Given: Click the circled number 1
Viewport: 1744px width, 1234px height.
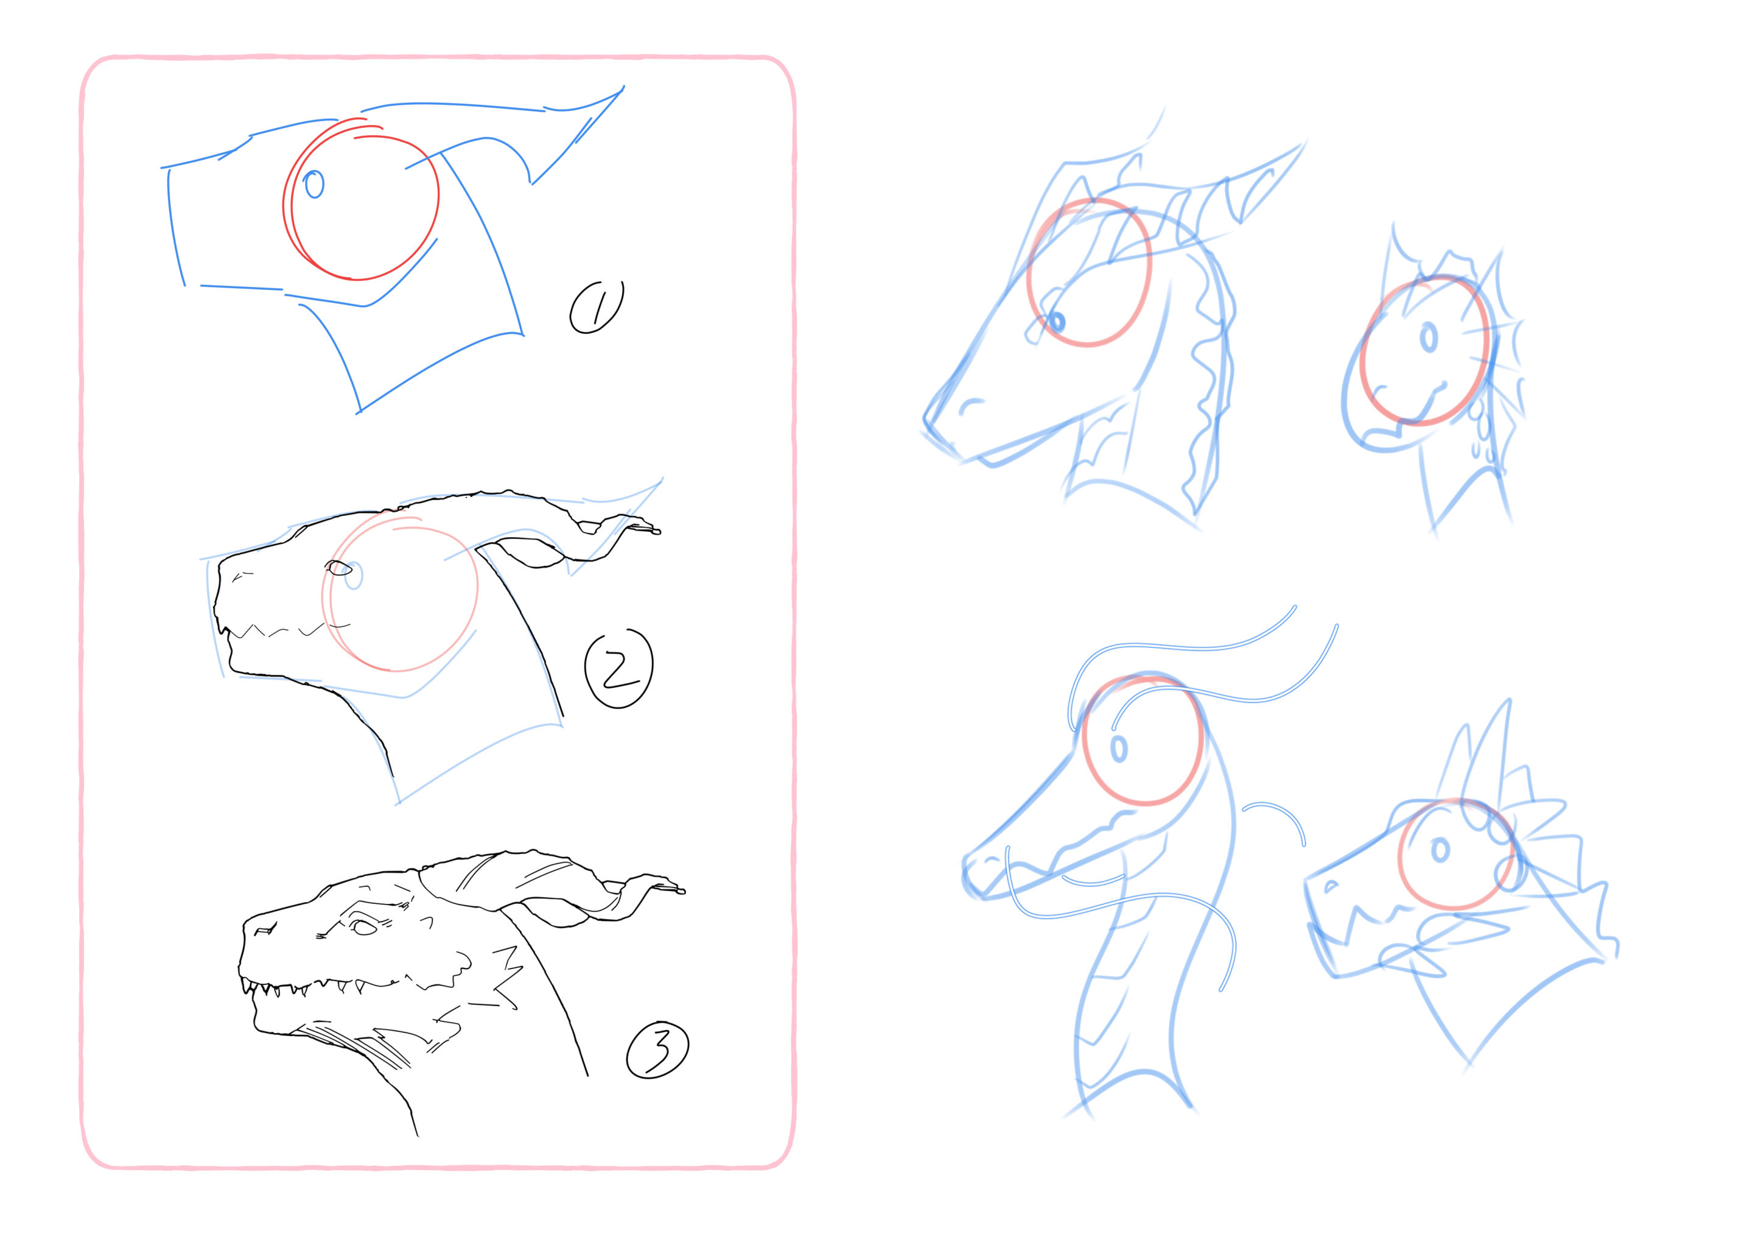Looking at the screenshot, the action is coord(597,307).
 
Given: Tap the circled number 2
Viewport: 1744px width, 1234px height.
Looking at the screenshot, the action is coord(619,669).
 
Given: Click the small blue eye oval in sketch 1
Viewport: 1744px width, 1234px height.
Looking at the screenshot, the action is coord(313,184).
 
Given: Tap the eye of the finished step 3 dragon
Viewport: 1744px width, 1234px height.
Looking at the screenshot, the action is coord(364,927).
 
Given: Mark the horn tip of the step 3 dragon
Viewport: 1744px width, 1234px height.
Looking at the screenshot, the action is coord(684,891).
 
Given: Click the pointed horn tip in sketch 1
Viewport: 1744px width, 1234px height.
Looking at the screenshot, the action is coord(623,86).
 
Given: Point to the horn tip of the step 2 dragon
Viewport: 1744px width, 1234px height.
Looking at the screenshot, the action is coord(659,532).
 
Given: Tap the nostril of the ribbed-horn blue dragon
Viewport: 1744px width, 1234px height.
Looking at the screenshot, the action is coord(969,406).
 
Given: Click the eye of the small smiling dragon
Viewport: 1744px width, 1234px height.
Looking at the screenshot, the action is coord(1429,337).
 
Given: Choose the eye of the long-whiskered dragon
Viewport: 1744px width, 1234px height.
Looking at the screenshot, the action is coord(1119,749).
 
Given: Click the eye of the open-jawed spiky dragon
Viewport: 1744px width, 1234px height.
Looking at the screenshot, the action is coord(1440,850).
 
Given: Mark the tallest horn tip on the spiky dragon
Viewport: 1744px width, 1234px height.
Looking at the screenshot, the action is coord(1508,700).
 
